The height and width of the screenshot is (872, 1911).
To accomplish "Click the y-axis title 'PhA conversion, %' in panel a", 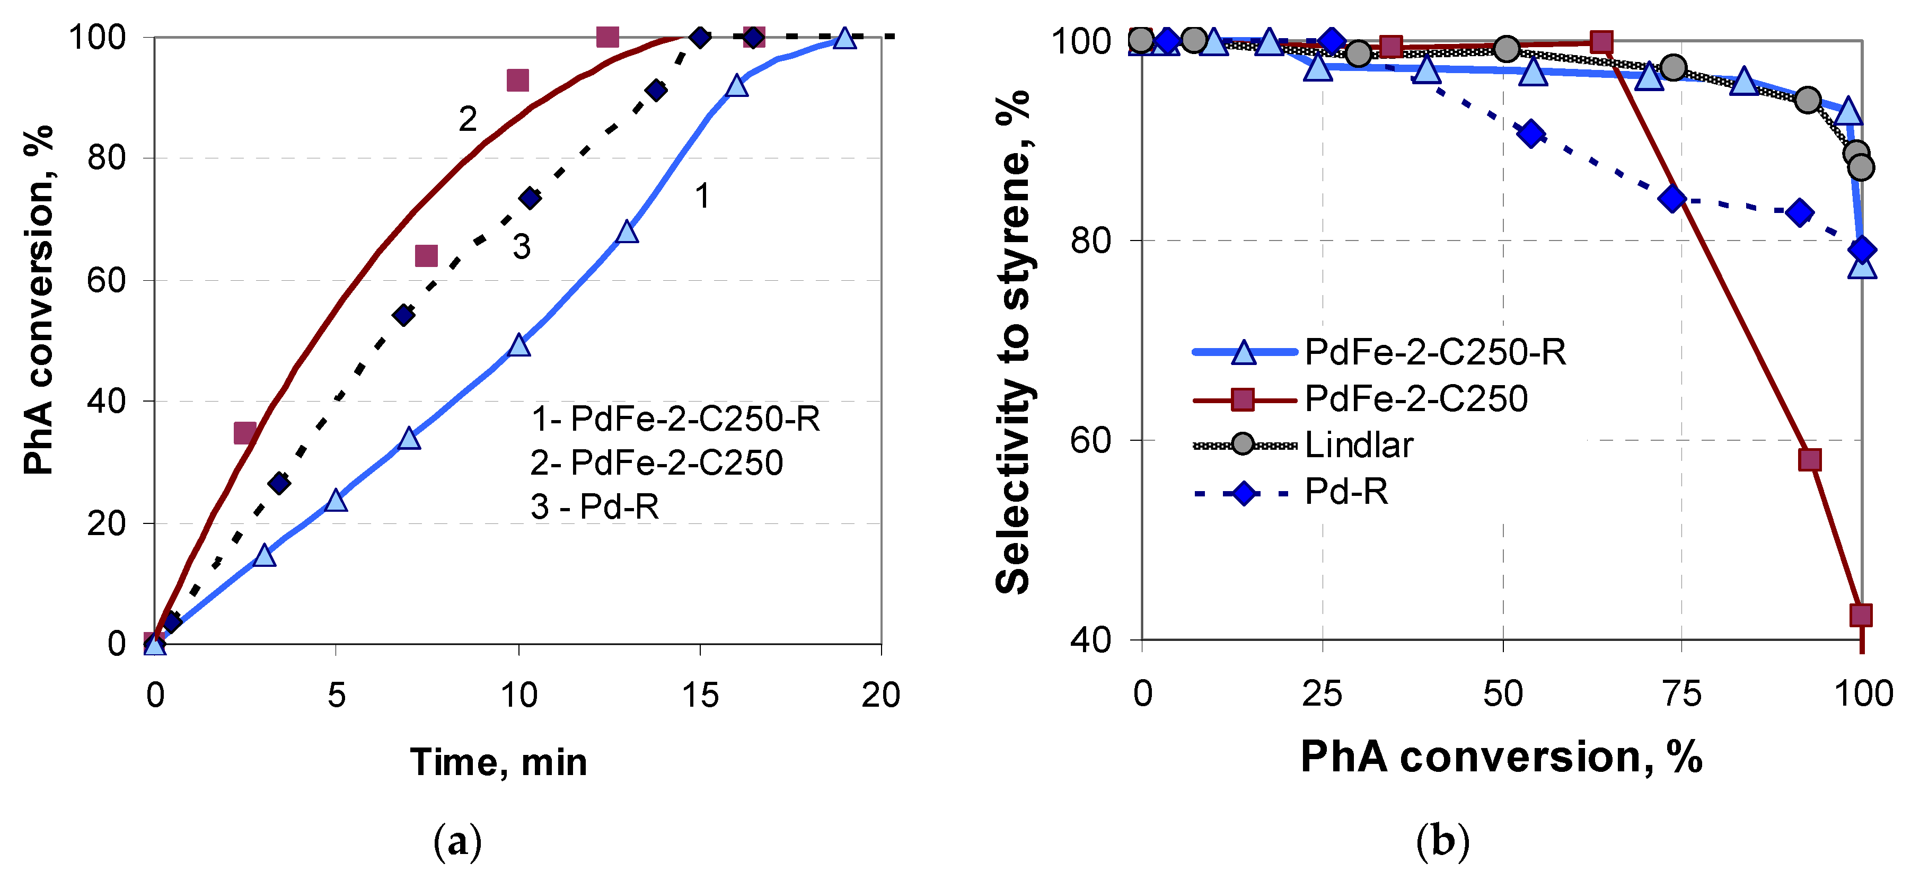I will (39, 300).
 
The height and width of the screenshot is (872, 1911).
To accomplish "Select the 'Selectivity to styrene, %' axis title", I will (1012, 341).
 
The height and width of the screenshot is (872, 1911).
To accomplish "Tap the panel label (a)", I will (457, 842).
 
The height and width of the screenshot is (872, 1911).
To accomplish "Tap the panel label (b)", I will (1442, 842).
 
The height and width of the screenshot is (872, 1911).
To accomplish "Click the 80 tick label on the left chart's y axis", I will (106, 158).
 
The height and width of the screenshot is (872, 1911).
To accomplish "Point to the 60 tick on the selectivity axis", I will (1090, 440).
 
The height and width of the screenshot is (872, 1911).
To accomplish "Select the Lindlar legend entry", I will (1358, 445).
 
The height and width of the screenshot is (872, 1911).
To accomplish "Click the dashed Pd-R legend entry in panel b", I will (1346, 492).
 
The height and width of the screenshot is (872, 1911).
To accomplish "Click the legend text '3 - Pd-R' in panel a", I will (595, 506).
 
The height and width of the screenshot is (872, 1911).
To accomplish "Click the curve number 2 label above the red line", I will (468, 119).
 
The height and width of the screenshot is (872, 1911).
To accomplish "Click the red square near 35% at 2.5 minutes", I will (245, 433).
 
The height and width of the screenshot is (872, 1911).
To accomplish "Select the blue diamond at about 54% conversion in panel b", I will (1531, 134).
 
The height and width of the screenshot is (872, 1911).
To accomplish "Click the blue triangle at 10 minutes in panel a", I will (519, 345).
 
